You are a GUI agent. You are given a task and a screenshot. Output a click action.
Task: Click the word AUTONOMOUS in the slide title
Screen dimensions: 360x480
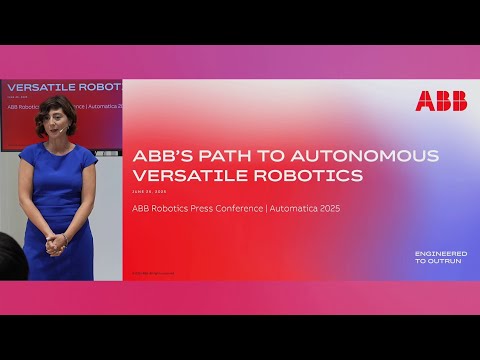point(386,156)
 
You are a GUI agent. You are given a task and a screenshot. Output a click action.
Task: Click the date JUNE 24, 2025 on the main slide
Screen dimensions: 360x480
point(150,191)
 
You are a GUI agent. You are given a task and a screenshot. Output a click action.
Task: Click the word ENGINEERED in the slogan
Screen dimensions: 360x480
point(441,253)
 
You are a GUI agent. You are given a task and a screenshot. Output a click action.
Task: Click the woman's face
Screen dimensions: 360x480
point(53,123)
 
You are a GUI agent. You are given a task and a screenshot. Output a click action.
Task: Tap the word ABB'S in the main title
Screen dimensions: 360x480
point(164,156)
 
